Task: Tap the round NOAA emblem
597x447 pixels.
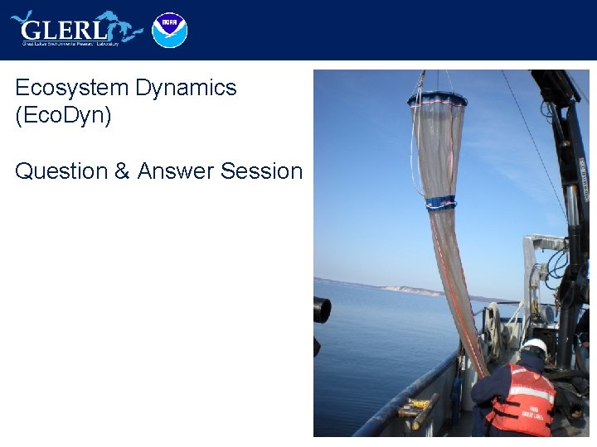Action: pyautogui.click(x=170, y=30)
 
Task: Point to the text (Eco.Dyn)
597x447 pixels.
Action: pyautogui.click(x=63, y=115)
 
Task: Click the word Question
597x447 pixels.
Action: pyautogui.click(x=61, y=171)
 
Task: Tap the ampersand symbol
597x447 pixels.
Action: pyautogui.click(x=122, y=171)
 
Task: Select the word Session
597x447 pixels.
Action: pyautogui.click(x=261, y=171)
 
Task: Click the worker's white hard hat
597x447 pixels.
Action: pyautogui.click(x=534, y=347)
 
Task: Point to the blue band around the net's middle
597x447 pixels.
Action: pyautogui.click(x=440, y=203)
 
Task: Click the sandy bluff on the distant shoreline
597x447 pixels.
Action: pyautogui.click(x=415, y=290)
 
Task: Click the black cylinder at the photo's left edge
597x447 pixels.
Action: pyautogui.click(x=322, y=310)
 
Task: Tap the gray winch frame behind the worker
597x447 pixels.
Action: pyautogui.click(x=539, y=265)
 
